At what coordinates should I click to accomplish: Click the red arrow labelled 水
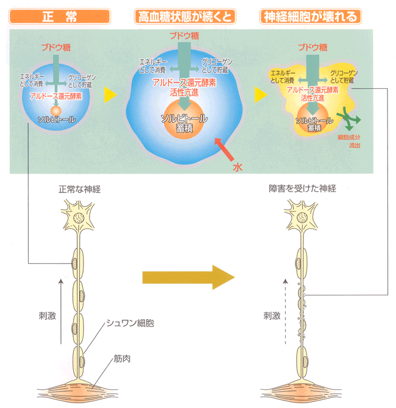click(x=223, y=150)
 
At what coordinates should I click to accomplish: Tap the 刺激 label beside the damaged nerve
click(x=272, y=316)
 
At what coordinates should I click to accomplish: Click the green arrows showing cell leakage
click(x=349, y=116)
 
